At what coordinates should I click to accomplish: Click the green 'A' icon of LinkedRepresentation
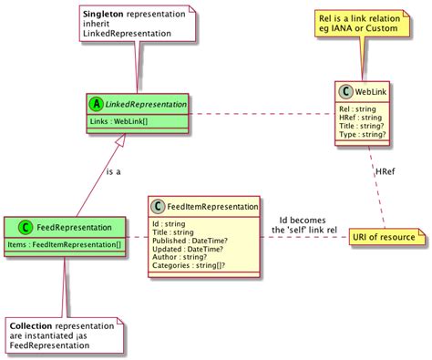pyautogui.click(x=96, y=105)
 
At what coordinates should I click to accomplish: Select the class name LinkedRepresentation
pyautogui.click(x=146, y=105)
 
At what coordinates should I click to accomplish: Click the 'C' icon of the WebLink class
pyautogui.click(x=347, y=91)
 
